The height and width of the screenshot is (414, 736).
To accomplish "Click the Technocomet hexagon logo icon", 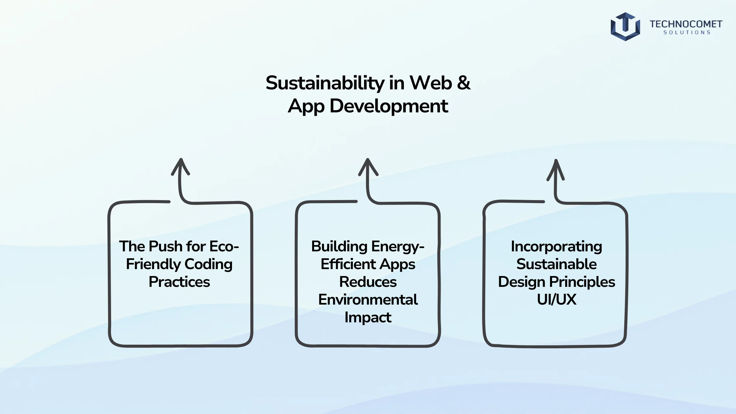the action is click(625, 27).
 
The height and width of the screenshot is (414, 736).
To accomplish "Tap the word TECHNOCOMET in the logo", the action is click(686, 24).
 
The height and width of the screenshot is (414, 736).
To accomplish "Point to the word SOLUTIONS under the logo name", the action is click(687, 33).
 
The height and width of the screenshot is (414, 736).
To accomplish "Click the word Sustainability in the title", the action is click(325, 83).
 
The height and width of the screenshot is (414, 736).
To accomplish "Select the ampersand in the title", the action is click(463, 82).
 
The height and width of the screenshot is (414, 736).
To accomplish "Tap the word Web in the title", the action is click(431, 82).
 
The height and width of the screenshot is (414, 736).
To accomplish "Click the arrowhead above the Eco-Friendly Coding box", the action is click(180, 167).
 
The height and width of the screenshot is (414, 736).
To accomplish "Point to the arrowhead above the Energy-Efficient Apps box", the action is click(368, 167).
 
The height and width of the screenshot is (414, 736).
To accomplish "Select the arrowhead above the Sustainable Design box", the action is click(556, 170).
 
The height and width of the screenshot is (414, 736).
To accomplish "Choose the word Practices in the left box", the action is click(179, 282).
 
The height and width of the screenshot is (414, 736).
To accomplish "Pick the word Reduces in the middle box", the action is click(368, 282).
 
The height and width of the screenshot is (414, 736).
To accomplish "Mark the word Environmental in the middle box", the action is click(368, 300).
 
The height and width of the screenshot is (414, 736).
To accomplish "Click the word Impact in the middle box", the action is click(368, 317).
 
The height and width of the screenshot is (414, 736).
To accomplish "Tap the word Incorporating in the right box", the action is click(556, 247).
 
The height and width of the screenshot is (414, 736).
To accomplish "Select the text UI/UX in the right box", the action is click(556, 300).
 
